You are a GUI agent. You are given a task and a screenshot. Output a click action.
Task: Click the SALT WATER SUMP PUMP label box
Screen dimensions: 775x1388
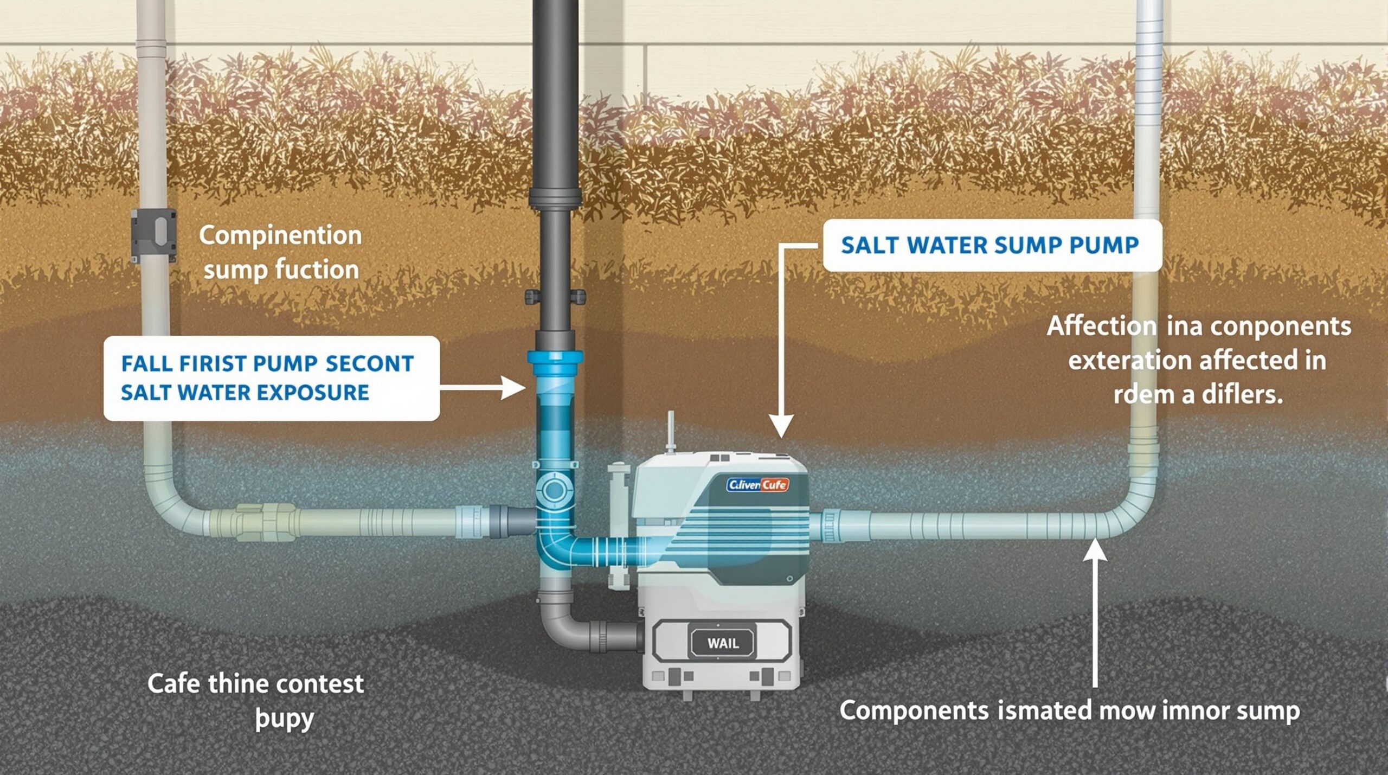coord(992,245)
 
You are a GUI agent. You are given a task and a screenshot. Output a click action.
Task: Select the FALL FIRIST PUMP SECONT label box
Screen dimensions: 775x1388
coord(271,378)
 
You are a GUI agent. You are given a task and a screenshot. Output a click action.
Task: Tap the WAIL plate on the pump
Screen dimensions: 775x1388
coord(723,643)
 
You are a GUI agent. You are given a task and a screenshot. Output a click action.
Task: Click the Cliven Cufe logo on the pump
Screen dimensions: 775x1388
coord(757,484)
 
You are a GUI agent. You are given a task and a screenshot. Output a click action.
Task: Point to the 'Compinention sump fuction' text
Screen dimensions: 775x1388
coord(280,252)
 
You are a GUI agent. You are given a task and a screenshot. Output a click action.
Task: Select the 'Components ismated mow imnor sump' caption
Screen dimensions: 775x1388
coord(1069,710)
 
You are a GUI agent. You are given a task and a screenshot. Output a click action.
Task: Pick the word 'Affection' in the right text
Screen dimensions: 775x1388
coord(1101,326)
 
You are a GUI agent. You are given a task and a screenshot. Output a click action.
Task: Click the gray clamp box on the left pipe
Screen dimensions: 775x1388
coord(154,235)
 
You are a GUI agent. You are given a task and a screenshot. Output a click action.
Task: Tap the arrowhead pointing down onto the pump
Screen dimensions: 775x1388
coord(781,426)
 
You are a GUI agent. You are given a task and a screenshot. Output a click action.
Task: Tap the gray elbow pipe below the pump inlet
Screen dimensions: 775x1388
coord(564,629)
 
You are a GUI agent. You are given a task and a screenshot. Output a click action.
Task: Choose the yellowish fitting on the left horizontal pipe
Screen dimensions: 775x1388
coord(266,522)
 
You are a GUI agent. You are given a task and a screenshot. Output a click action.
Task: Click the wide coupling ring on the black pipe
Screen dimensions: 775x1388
coord(555,198)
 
